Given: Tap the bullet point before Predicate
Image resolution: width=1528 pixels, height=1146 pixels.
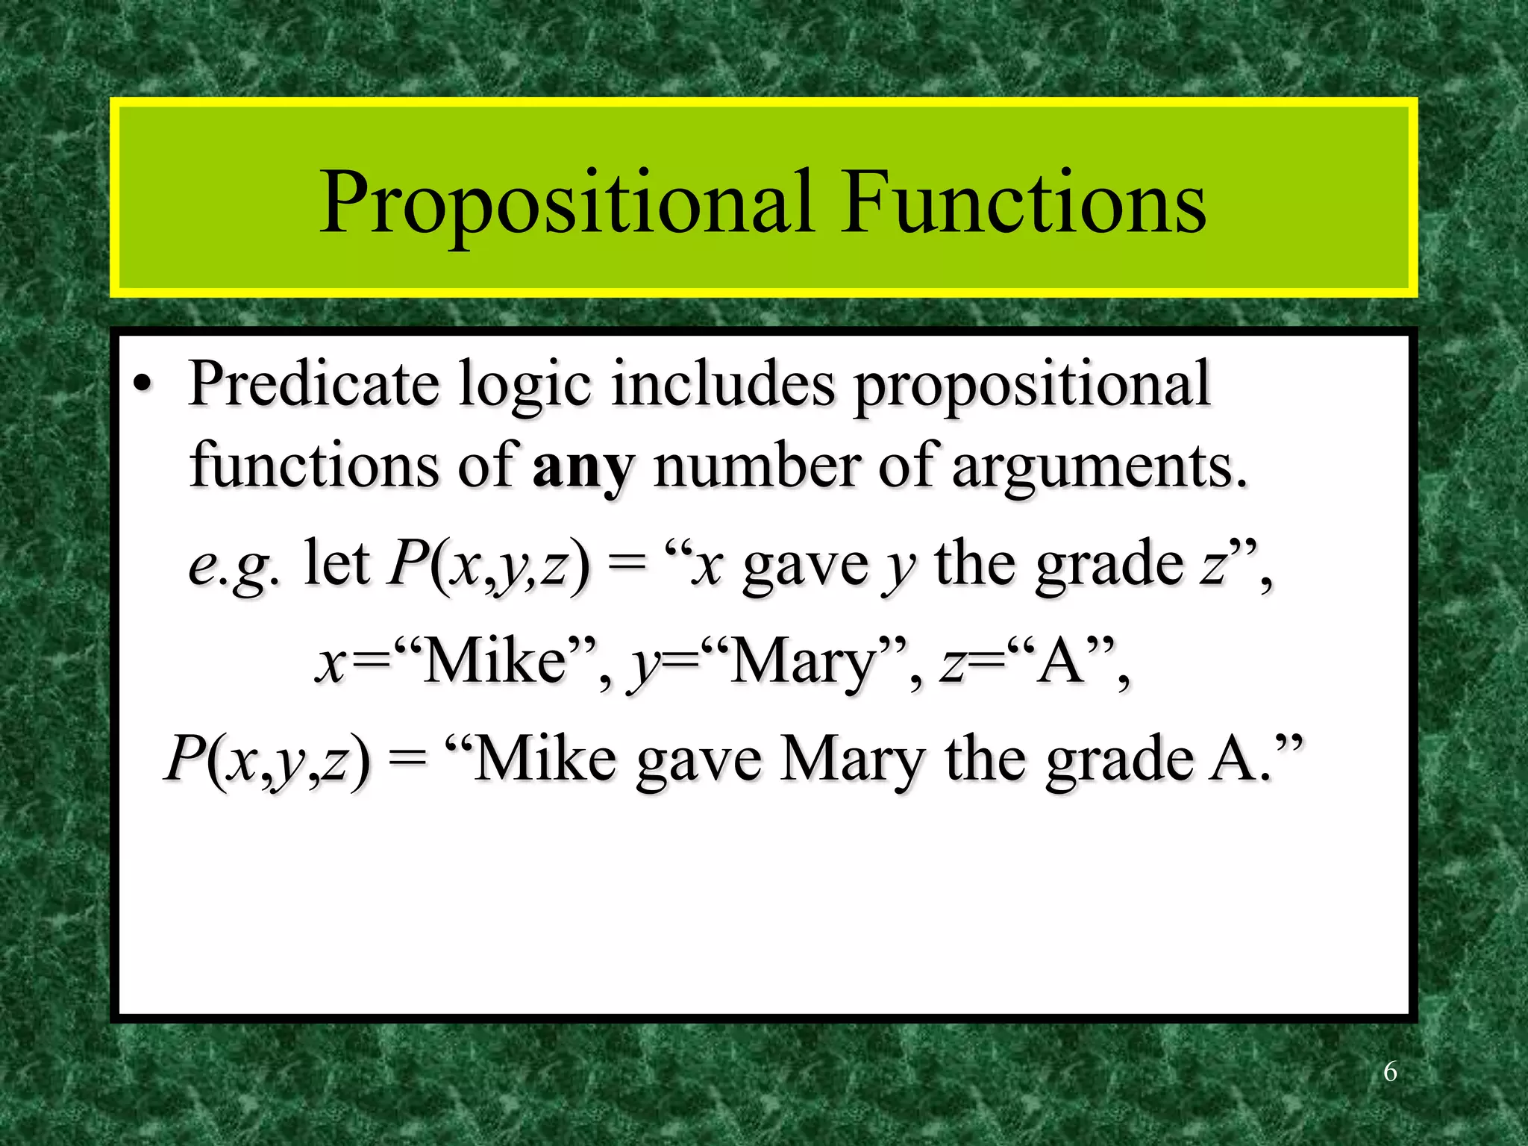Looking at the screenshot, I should click(143, 386).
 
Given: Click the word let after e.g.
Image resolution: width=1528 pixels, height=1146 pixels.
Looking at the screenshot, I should click(336, 564).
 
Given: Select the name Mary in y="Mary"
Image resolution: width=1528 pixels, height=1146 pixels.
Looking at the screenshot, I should click(803, 663).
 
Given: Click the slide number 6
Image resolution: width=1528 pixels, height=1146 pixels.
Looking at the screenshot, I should click(1390, 1072).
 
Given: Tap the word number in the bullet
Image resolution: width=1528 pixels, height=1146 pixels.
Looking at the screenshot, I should click(757, 466).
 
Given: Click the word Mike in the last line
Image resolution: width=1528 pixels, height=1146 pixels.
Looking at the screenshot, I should click(545, 759).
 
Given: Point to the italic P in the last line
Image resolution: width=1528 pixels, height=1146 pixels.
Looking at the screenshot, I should click(184, 758).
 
